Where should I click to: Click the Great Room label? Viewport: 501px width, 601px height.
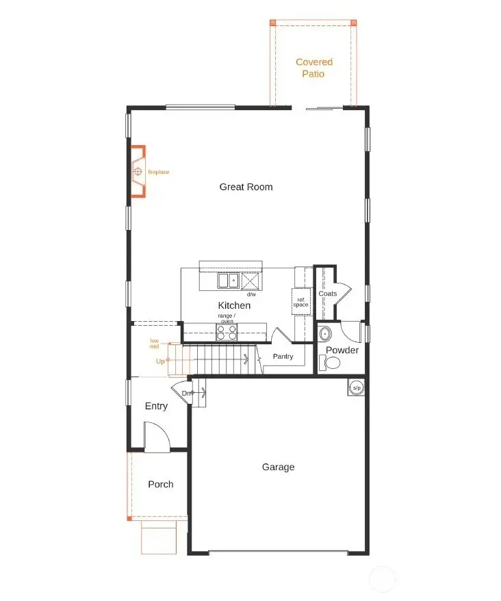click(246, 187)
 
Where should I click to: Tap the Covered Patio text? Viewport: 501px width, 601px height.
click(314, 68)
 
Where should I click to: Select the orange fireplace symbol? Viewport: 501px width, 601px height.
click(138, 171)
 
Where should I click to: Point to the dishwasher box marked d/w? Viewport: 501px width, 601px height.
click(250, 281)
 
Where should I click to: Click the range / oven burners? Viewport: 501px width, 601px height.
click(227, 332)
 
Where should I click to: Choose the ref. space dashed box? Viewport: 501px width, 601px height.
click(301, 302)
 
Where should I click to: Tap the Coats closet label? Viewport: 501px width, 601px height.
click(327, 294)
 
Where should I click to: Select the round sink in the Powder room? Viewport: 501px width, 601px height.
click(325, 335)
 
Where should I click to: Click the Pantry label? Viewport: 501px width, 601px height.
click(283, 357)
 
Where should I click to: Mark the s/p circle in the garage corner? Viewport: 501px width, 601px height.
click(356, 387)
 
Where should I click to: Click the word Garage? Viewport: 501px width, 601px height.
click(278, 467)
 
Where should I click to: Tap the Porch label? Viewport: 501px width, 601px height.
click(161, 484)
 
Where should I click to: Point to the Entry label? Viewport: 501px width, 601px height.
click(156, 406)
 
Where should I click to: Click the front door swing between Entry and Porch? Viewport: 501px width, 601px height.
click(155, 436)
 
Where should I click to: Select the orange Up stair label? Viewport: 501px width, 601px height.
click(160, 361)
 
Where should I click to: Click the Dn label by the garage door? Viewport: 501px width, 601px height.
click(185, 393)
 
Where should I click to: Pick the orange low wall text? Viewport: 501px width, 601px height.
click(155, 344)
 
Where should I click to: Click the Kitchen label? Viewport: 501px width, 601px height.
click(234, 305)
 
